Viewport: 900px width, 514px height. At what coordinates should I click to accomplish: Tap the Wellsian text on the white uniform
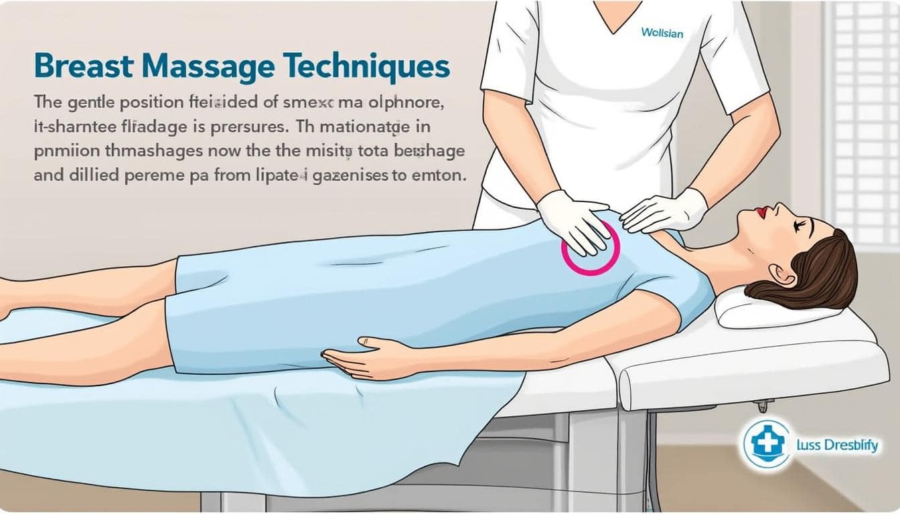click(x=662, y=32)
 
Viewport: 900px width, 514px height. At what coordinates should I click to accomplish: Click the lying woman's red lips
click(x=761, y=211)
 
